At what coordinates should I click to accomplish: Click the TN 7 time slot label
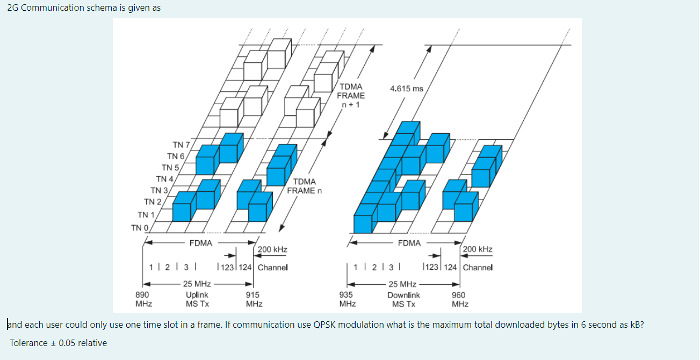point(181,145)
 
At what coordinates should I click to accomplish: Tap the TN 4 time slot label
point(164,179)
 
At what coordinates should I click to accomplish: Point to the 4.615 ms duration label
point(407,89)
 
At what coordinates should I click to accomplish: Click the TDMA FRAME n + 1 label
point(351,95)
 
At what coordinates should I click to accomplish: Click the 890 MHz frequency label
point(143,299)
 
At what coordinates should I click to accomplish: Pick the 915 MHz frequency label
point(254,299)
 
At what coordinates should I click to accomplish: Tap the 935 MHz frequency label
point(347,299)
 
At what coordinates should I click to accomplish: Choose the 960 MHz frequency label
point(459,299)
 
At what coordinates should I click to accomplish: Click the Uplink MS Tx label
point(197,299)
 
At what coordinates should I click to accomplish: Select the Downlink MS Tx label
point(403,299)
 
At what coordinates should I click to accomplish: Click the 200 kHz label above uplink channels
point(272,249)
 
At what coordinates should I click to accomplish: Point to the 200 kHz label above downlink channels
point(478,249)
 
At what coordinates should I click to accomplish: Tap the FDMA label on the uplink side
point(200,243)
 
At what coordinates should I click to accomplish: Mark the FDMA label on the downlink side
point(409,243)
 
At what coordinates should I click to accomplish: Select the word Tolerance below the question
point(27,343)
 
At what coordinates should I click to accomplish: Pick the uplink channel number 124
point(246,267)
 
